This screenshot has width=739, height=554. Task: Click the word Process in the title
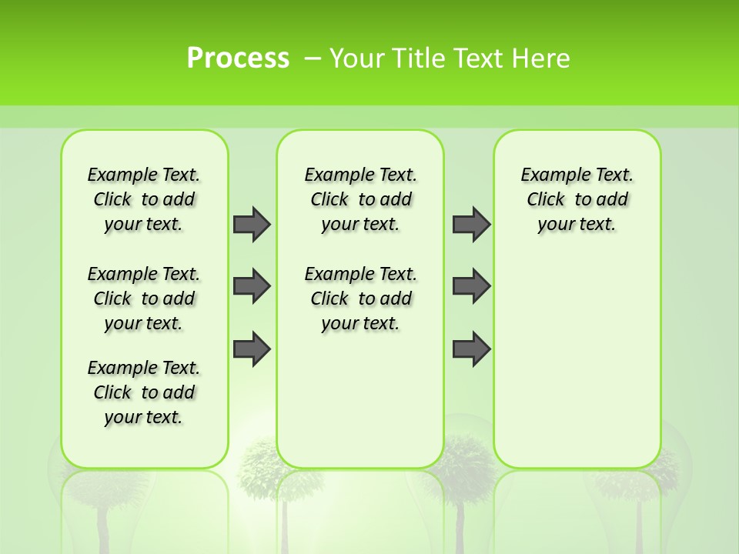coord(238,58)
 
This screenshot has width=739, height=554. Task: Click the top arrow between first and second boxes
coord(252,224)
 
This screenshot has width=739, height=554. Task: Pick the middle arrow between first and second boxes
coord(252,286)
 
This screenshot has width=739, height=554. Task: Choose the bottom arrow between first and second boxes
coord(252,349)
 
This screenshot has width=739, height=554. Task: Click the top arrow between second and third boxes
coord(471,224)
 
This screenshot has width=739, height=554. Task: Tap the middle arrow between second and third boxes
coord(471,286)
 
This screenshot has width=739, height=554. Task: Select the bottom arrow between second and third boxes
coord(471,349)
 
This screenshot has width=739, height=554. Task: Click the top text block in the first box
coord(144,199)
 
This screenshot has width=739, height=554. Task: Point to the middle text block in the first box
coord(144,299)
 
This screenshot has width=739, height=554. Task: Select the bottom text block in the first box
coord(144,392)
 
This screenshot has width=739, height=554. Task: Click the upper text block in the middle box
coord(361,199)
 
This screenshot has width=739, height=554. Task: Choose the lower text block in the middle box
coord(361,299)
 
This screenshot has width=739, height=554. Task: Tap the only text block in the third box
coord(577,199)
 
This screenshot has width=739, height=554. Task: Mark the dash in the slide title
coord(313,58)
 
